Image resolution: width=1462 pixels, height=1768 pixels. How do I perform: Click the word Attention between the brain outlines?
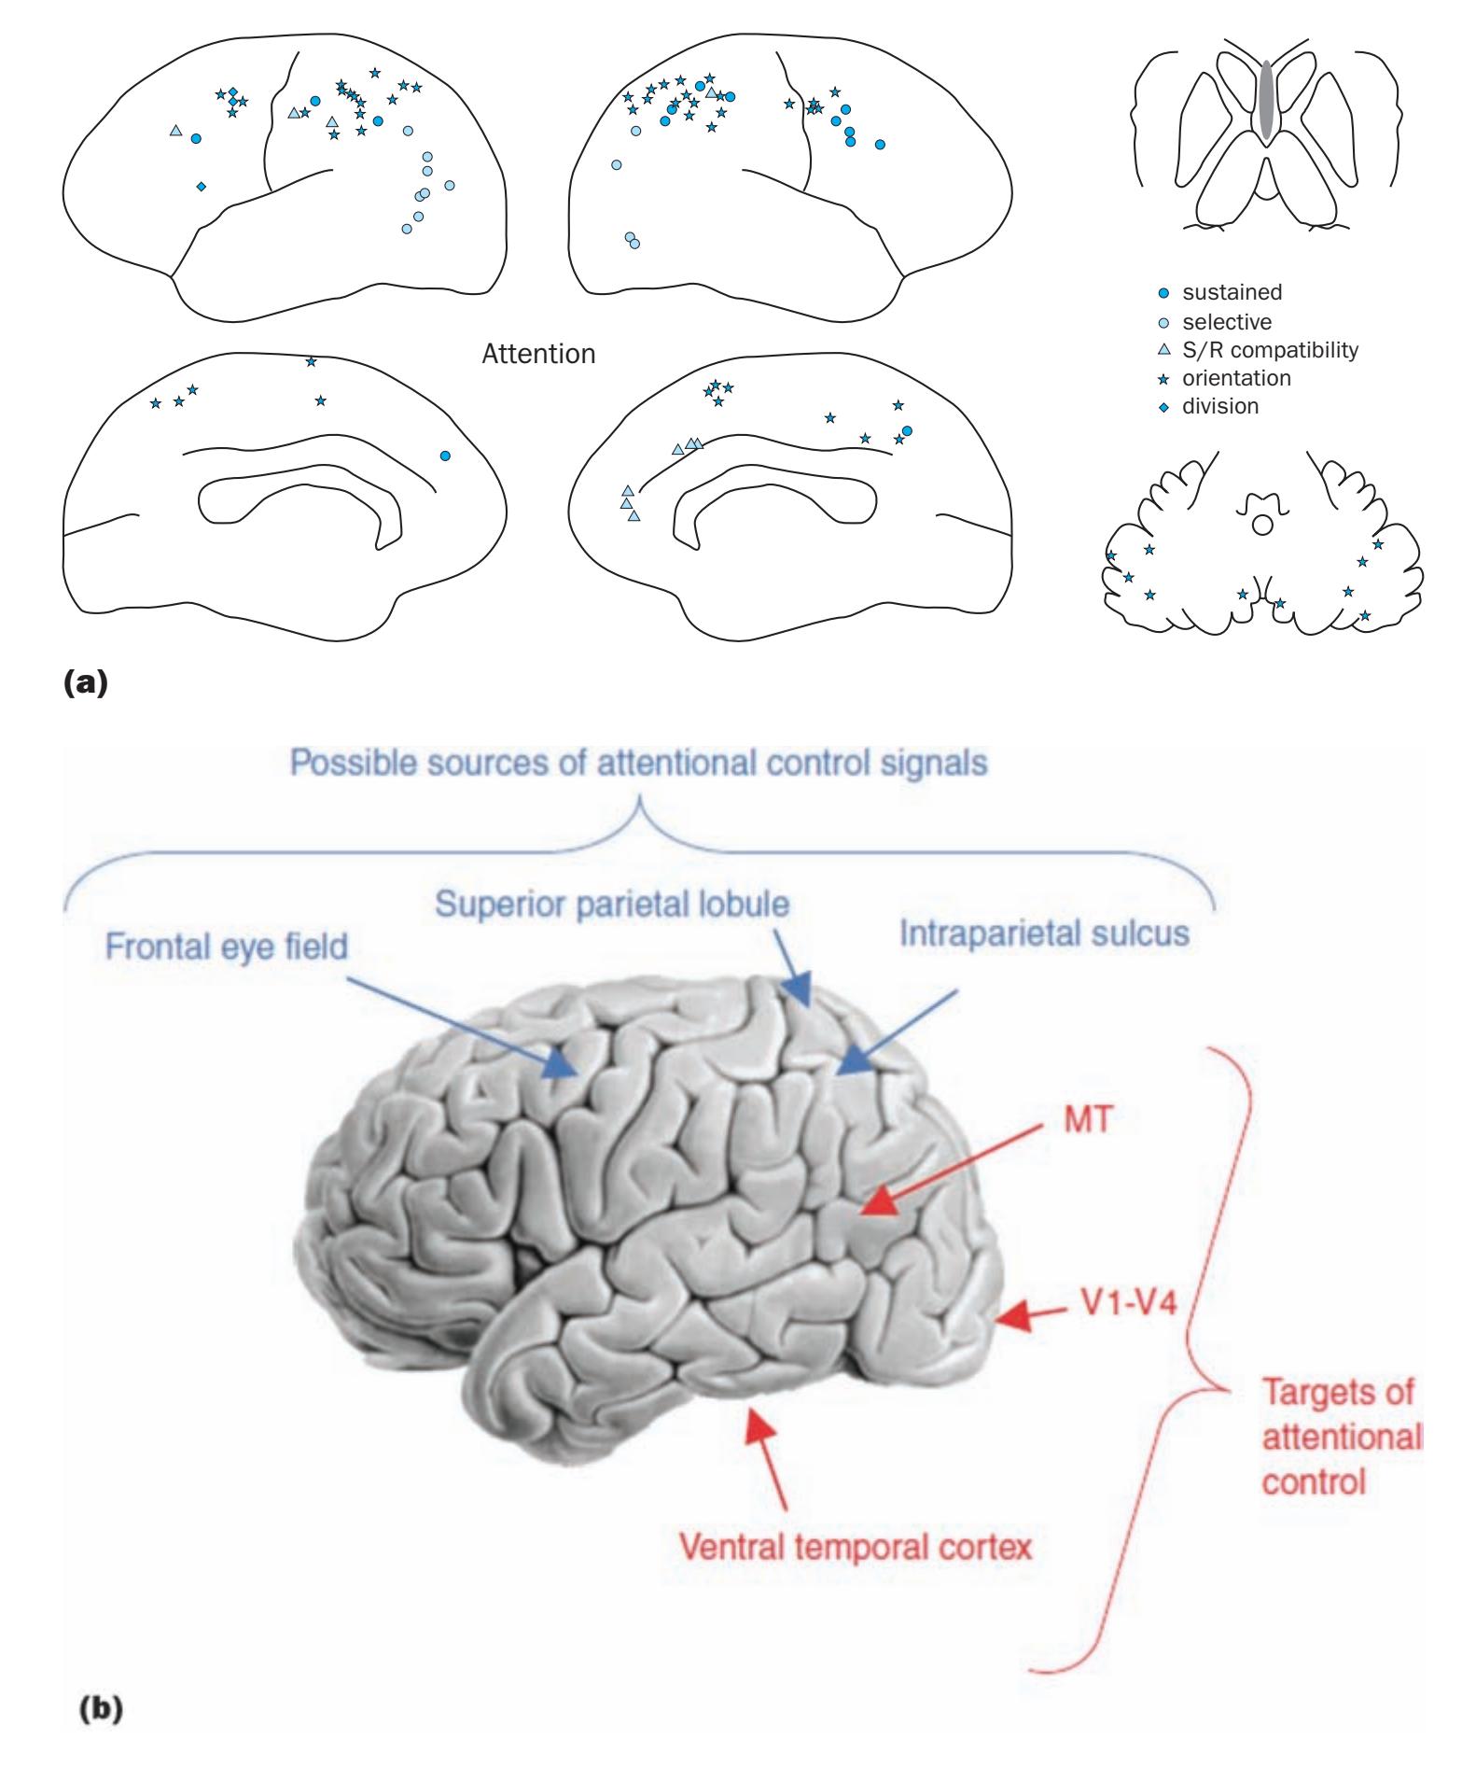coord(538,355)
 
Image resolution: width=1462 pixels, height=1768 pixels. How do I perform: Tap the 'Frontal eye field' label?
coord(226,947)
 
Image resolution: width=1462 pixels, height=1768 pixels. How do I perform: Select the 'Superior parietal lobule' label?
coord(613,905)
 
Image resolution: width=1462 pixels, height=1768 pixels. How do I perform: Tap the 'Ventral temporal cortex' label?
coord(856,1547)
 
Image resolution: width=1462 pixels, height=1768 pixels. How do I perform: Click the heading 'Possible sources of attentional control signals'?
coord(638,763)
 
